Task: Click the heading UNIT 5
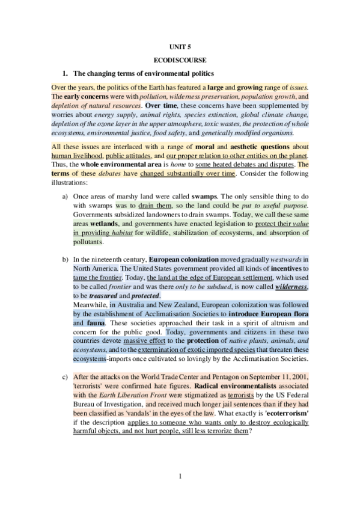[180, 46]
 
